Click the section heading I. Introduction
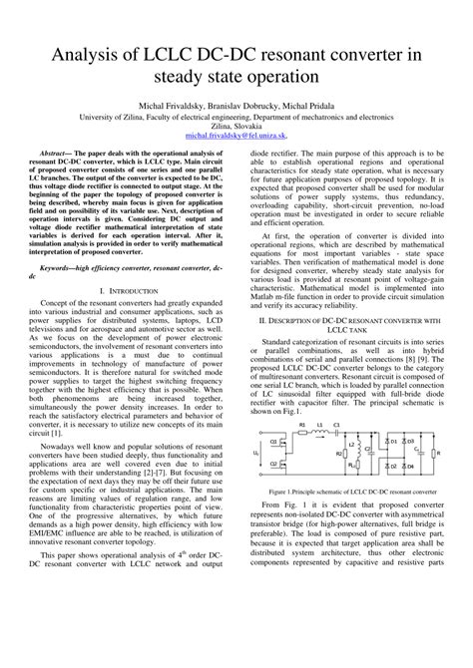coord(130,317)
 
